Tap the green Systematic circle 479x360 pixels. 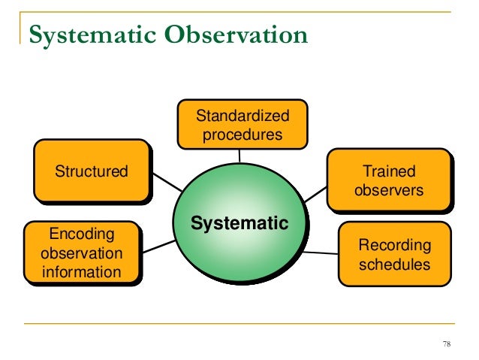239,223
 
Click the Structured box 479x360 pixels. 91,171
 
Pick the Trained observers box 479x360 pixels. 388,181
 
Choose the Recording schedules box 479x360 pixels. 394,255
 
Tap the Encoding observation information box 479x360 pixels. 81,253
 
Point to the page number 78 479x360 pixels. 447,344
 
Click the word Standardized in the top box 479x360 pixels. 241,116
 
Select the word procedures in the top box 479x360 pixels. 242,135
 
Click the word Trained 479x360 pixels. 389,171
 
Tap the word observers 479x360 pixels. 389,191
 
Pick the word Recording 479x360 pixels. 395,245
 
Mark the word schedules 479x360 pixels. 395,265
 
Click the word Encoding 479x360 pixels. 81,233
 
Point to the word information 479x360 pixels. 81,271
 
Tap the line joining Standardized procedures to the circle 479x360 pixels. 239,155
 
